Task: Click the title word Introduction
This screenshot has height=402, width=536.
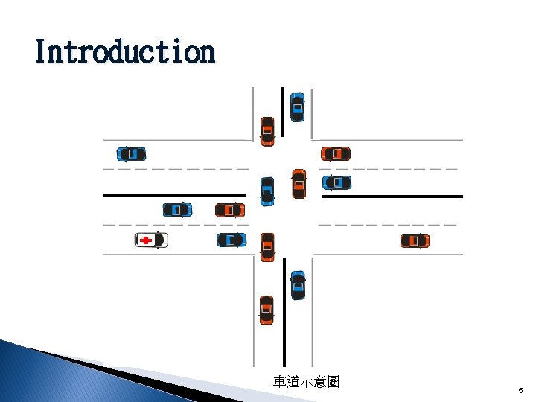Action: pyautogui.click(x=124, y=52)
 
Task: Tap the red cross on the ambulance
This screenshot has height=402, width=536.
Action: pyautogui.click(x=146, y=240)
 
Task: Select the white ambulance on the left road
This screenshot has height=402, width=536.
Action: pyautogui.click(x=151, y=240)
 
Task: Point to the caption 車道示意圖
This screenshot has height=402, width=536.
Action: pyautogui.click(x=306, y=382)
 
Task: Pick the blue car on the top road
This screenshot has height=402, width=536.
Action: pyautogui.click(x=297, y=107)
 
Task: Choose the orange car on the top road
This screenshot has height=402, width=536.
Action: pyautogui.click(x=267, y=131)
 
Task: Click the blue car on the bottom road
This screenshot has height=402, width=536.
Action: pyautogui.click(x=298, y=285)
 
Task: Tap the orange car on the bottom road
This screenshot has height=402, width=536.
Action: pyautogui.click(x=267, y=310)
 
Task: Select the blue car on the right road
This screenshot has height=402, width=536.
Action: pyautogui.click(x=336, y=182)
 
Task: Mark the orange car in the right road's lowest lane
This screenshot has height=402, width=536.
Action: pyautogui.click(x=415, y=240)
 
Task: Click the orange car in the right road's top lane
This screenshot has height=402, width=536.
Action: pyautogui.click(x=336, y=154)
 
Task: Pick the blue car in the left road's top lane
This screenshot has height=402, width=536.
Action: pyautogui.click(x=131, y=154)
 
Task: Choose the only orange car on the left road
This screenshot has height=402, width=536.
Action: pyautogui.click(x=229, y=211)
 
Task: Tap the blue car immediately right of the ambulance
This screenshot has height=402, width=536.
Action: pyautogui.click(x=232, y=240)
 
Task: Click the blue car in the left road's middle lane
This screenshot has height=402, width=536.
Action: pyautogui.click(x=177, y=211)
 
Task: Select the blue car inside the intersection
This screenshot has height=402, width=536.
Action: pyautogui.click(x=267, y=191)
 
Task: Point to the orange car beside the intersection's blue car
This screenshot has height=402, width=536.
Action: pyautogui.click(x=299, y=184)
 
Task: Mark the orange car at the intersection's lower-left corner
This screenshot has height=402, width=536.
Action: pyautogui.click(x=267, y=246)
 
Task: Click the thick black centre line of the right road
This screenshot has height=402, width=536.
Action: pyautogui.click(x=392, y=197)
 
